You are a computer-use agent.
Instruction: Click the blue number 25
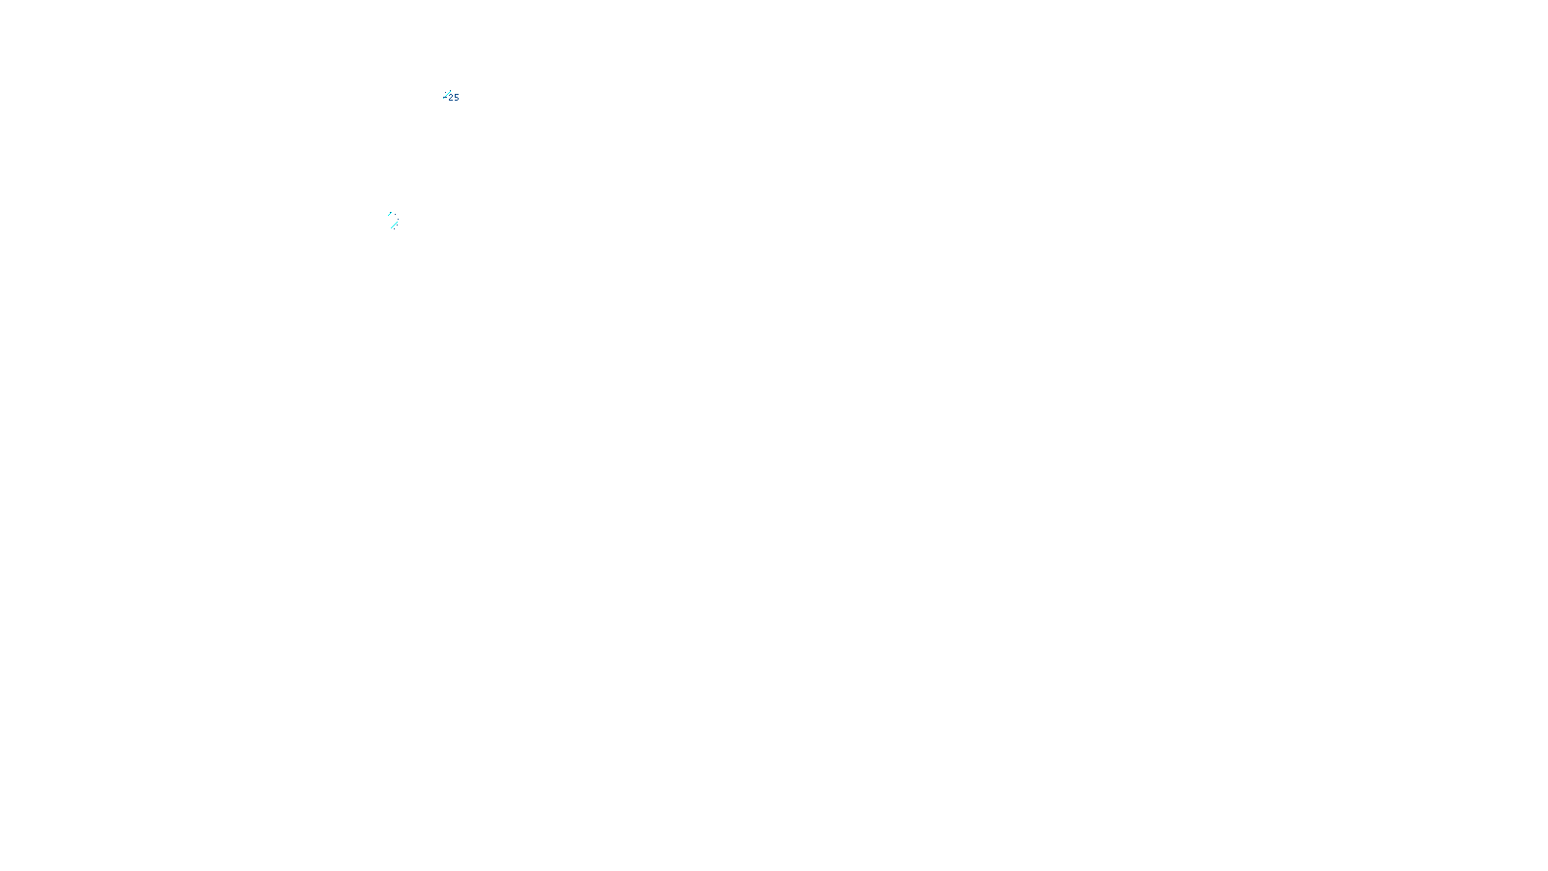click(x=454, y=98)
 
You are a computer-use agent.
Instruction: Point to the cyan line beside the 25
click(x=446, y=95)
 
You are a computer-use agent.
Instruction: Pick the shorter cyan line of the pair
click(x=391, y=214)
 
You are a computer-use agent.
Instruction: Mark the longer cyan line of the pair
click(x=394, y=225)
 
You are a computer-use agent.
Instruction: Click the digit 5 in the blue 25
click(x=457, y=98)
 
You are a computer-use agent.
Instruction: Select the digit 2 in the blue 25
click(x=451, y=98)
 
